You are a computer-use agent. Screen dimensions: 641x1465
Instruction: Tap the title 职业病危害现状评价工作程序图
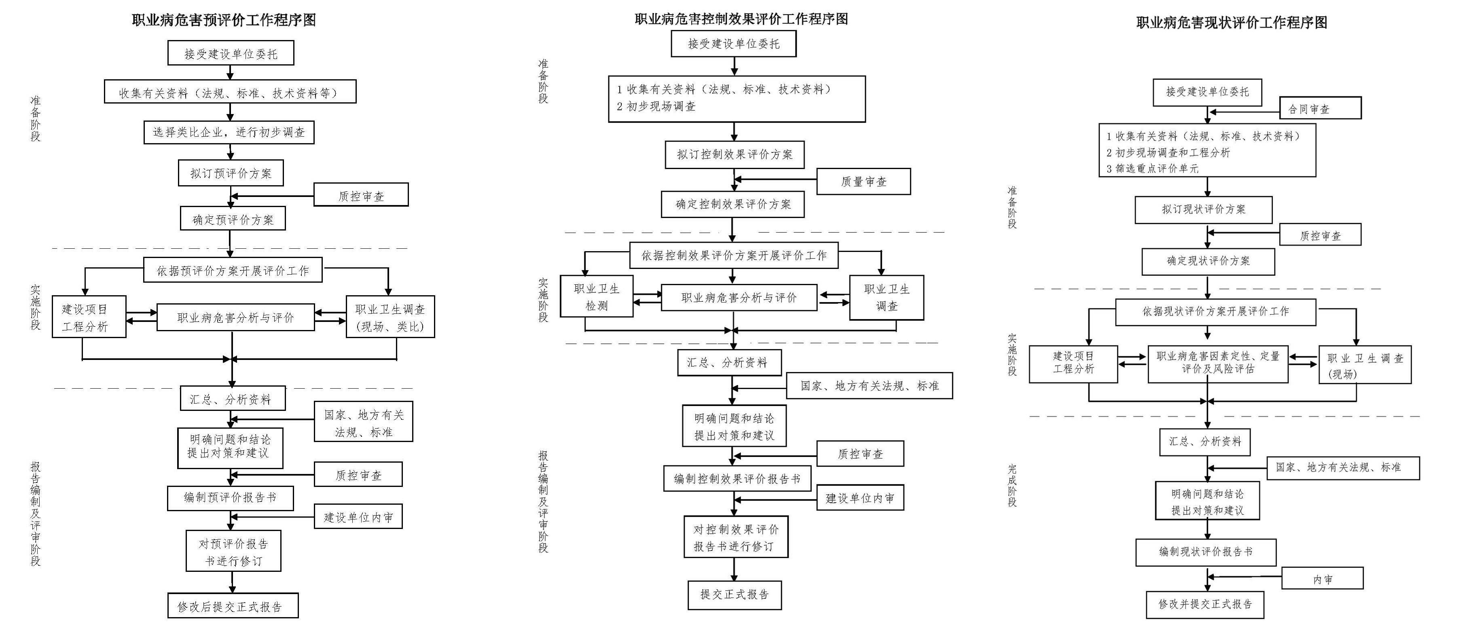[1231, 23]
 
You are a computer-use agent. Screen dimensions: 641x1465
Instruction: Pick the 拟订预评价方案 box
[231, 173]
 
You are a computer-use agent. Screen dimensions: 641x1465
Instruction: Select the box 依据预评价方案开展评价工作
[233, 271]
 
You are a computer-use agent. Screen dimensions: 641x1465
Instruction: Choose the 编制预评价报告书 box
[230, 498]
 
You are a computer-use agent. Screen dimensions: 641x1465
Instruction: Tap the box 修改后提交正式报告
[233, 606]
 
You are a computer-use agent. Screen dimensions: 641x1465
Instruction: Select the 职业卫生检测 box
[597, 297]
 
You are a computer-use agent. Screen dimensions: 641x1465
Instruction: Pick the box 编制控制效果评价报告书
[737, 479]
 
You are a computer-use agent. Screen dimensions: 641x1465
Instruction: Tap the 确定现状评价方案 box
[1208, 261]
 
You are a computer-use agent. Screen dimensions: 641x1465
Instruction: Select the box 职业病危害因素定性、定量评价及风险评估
[1217, 363]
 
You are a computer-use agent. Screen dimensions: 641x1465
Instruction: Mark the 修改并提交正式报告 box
[1205, 604]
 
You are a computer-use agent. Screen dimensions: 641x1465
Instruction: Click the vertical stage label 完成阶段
[1012, 485]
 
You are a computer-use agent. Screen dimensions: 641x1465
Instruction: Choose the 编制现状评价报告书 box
[1206, 552]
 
